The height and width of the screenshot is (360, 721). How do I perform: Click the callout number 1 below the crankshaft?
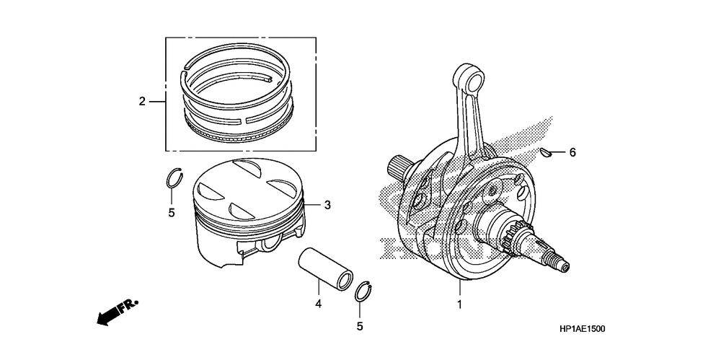459,304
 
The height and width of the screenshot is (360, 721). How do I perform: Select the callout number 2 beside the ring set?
142,101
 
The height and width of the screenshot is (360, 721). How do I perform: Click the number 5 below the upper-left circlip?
172,213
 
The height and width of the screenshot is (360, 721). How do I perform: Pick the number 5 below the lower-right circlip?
359,326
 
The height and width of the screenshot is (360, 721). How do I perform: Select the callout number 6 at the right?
572,152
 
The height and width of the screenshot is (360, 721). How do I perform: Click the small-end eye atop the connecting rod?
463,75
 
